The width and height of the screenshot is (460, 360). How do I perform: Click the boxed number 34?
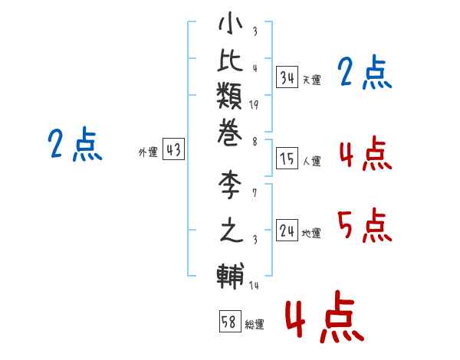click(287, 77)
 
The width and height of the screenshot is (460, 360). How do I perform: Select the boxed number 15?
click(287, 159)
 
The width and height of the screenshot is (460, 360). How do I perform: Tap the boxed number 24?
click(287, 231)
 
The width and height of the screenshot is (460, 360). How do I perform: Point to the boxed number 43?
click(173, 150)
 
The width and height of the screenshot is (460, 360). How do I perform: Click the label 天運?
click(311, 80)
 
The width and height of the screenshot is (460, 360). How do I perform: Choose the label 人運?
click(311, 162)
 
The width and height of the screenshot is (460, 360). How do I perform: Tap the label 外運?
click(147, 152)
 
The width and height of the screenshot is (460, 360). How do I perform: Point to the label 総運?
click(254, 324)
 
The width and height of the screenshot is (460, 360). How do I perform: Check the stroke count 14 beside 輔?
click(254, 286)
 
